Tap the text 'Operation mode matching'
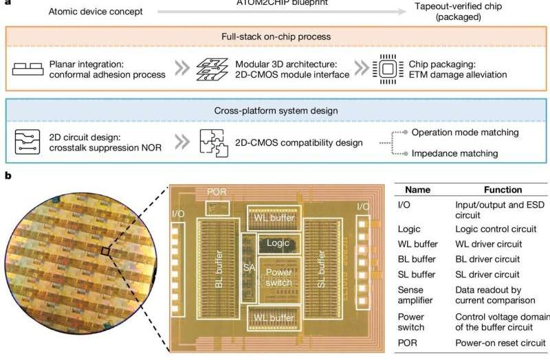click(x=465, y=132)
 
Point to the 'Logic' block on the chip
click(x=278, y=243)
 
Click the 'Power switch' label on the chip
click(x=278, y=275)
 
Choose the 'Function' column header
click(x=503, y=190)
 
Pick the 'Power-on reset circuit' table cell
click(x=500, y=342)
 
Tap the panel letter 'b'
click(x=8, y=177)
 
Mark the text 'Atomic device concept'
click(x=96, y=12)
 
